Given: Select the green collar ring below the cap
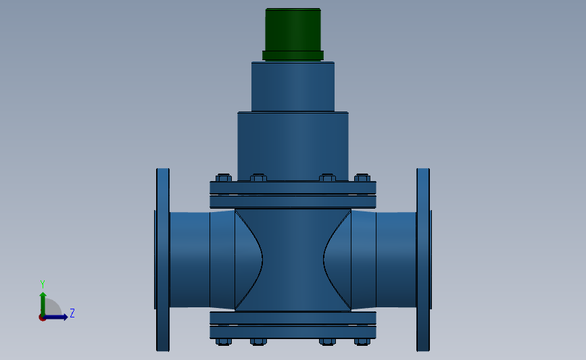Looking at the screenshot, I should point(293,55).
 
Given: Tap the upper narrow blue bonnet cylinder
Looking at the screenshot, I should point(293,86).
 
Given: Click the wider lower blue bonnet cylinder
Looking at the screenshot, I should point(293,145).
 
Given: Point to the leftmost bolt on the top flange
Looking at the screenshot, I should point(223,178).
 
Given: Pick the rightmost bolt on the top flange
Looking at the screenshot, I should point(362,178).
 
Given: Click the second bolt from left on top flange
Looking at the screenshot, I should point(258,178).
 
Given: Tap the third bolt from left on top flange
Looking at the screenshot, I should point(327,178).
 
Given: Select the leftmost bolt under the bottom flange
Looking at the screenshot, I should point(223,342).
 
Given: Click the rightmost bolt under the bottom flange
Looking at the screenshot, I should point(362,342).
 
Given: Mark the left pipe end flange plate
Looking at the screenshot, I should point(163,259).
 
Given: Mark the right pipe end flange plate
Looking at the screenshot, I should point(422,259).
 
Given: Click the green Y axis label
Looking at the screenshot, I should point(42,284).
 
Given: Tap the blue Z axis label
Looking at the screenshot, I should point(72,313).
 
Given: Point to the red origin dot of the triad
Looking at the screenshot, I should point(42,317).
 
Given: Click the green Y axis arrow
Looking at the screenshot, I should point(42,303).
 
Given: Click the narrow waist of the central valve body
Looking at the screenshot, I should point(293,259).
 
